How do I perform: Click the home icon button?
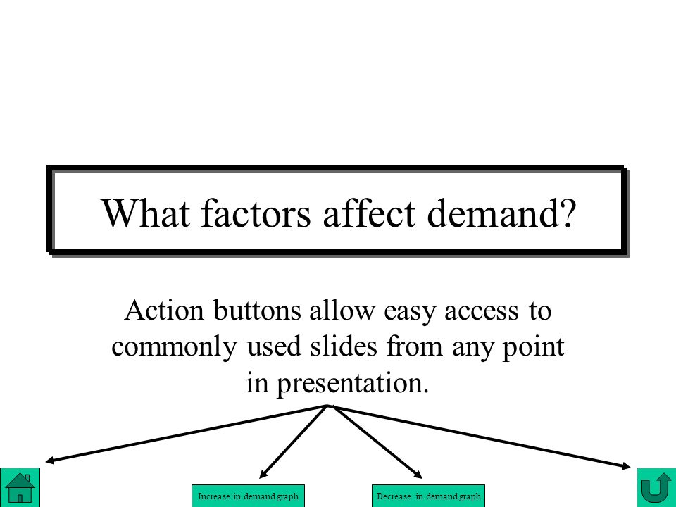pyautogui.click(x=20, y=487)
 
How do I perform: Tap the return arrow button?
pyautogui.click(x=656, y=487)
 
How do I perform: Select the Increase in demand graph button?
pyautogui.click(x=248, y=496)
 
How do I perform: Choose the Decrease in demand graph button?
pyautogui.click(x=429, y=496)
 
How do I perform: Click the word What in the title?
pyautogui.click(x=146, y=213)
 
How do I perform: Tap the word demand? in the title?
pyautogui.click(x=501, y=213)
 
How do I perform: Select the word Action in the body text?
pyautogui.click(x=164, y=311)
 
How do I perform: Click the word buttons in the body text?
pyautogui.click(x=258, y=311)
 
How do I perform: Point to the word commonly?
pyautogui.click(x=174, y=347)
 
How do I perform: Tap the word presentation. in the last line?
pyautogui.click(x=353, y=384)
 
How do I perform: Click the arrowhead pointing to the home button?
pyautogui.click(x=49, y=461)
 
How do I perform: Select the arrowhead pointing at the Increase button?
pyautogui.click(x=263, y=474)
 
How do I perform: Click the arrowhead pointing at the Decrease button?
pyautogui.click(x=418, y=475)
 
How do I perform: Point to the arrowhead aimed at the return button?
pyautogui.click(x=627, y=465)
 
